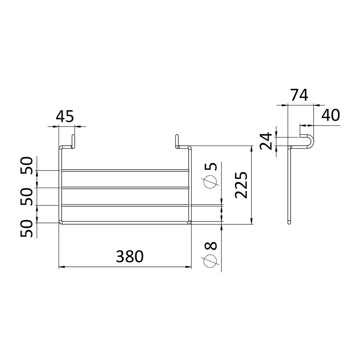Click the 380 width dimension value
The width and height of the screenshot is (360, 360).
130,256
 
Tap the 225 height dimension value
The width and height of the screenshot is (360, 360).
241,185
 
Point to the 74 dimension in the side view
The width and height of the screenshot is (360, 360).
300,95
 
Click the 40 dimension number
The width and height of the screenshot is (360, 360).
330,115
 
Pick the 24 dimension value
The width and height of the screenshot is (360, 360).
266,141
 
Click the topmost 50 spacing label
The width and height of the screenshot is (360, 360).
27,165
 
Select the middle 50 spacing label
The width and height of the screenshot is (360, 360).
27,197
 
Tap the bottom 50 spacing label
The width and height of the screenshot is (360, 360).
27,229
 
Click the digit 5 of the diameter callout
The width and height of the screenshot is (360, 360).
211,166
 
